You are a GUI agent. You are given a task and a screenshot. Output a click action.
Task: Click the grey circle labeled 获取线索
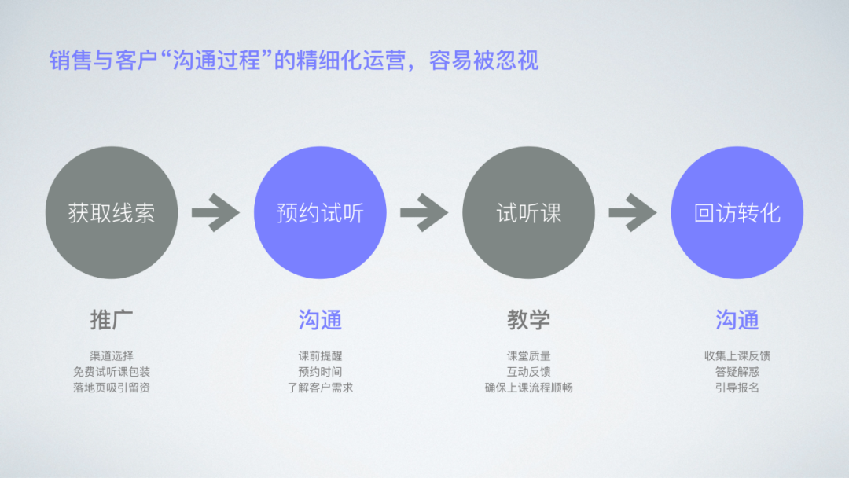pos(112,212)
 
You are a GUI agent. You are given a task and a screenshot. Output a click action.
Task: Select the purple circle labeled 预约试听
pos(320,212)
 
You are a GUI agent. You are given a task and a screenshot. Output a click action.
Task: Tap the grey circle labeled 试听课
pos(528,212)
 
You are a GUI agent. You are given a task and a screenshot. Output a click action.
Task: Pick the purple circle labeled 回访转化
pos(737,212)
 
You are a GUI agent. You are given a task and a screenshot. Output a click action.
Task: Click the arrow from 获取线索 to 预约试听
pos(215,212)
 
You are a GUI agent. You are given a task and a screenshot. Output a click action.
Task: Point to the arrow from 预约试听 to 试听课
pos(424,212)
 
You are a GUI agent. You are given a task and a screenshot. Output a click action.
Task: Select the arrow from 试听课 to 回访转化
pos(633,212)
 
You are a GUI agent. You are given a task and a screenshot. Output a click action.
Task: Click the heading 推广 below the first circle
pos(112,320)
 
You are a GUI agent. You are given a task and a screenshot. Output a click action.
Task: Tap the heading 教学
pos(528,320)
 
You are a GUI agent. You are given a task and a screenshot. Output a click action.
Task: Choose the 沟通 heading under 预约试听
pos(320,320)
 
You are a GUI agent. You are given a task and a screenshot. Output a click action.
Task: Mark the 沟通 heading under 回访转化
pos(737,320)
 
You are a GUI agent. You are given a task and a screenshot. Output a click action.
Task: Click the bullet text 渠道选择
pos(112,356)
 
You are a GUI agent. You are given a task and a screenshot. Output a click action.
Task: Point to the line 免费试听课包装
pos(112,372)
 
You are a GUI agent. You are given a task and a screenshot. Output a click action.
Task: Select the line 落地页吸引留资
pos(112,388)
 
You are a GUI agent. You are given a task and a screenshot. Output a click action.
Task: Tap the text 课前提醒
pos(320,356)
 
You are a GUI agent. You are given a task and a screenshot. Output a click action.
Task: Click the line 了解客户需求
pos(320,388)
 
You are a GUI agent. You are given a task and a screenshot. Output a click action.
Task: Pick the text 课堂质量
pos(528,356)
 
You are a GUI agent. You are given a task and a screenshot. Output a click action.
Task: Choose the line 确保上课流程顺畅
pos(528,388)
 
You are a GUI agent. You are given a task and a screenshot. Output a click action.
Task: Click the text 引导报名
pos(737,388)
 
